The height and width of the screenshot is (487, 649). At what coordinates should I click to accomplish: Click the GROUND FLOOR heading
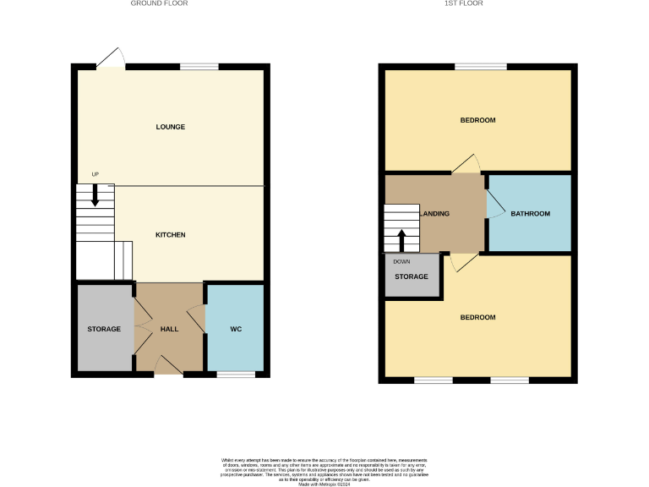(x=159, y=3)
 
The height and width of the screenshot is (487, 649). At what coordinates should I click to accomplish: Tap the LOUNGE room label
(x=170, y=127)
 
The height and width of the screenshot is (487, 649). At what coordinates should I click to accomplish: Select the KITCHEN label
(x=170, y=234)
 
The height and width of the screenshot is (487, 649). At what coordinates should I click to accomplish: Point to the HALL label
(x=169, y=329)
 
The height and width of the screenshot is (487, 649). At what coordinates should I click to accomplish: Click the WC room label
(x=236, y=329)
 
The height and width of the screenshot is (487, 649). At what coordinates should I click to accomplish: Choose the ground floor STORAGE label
(x=104, y=329)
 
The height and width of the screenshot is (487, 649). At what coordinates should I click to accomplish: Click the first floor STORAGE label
(x=412, y=276)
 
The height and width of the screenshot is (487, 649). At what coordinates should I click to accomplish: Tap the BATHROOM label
(x=530, y=214)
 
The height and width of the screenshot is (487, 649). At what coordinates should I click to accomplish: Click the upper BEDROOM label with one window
(x=477, y=120)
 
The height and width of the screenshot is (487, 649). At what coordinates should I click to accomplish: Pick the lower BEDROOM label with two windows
(x=477, y=317)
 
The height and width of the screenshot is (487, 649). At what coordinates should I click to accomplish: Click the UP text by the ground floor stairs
(x=95, y=174)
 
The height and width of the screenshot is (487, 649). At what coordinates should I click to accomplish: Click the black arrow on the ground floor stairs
(x=95, y=195)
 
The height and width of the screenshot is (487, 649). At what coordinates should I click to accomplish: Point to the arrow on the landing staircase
(x=401, y=238)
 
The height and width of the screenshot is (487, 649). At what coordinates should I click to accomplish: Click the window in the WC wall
(x=236, y=374)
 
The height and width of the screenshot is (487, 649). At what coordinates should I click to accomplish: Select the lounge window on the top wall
(x=199, y=67)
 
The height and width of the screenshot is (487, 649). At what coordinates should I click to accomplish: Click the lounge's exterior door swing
(x=111, y=57)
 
